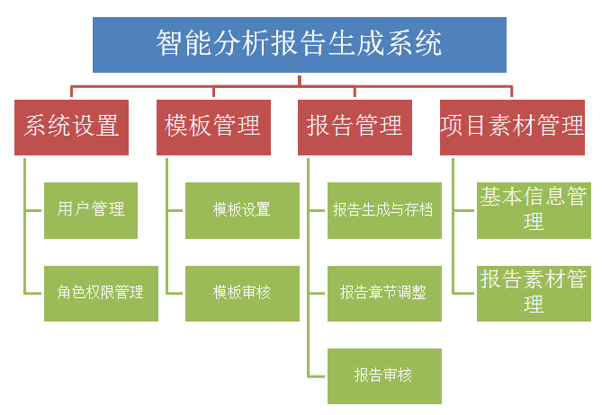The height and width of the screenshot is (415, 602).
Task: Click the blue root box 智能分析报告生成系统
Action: (300, 44)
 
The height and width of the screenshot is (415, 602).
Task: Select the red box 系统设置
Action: (71, 126)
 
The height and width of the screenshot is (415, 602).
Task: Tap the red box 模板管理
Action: (213, 126)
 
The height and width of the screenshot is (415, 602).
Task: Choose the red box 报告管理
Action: (355, 126)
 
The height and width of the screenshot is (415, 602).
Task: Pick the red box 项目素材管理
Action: (512, 126)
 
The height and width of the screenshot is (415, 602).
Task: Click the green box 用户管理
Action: (91, 210)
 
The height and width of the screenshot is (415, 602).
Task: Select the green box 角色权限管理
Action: (101, 293)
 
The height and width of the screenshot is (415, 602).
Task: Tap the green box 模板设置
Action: (242, 210)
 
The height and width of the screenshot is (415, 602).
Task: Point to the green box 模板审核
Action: (242, 293)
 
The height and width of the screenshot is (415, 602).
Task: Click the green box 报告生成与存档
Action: (384, 210)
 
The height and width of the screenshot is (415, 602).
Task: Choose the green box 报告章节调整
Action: (384, 293)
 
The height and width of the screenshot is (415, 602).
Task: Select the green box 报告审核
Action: (384, 375)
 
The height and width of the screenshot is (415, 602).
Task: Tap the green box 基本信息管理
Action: (534, 210)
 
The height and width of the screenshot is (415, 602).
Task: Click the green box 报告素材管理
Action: (534, 293)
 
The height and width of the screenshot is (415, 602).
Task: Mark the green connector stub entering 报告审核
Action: (318, 375)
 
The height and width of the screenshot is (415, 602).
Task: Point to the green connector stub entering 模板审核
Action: (175, 294)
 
